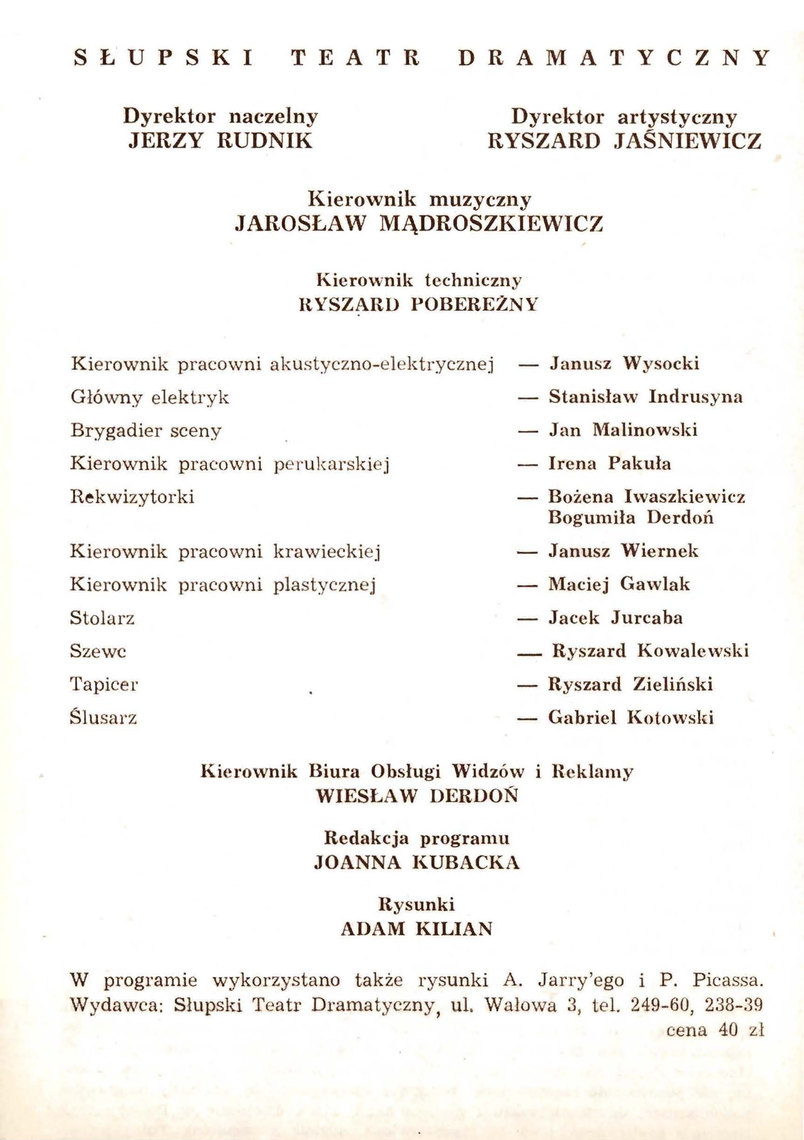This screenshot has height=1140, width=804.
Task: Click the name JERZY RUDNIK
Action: point(220,141)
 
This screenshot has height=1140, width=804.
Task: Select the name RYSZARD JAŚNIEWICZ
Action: point(624,142)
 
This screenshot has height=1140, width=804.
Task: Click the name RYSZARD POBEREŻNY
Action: point(419,304)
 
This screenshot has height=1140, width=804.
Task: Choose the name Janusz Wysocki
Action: point(624,364)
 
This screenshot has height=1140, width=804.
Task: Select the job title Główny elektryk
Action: point(150,397)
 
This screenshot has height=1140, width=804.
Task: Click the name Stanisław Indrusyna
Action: point(646,397)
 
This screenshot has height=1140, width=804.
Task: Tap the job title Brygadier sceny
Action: point(145,431)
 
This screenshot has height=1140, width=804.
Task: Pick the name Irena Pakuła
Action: point(609,464)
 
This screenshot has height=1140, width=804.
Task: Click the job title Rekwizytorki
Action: point(132,497)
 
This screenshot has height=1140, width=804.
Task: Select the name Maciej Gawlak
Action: point(619,584)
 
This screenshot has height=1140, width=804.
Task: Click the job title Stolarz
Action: point(102,618)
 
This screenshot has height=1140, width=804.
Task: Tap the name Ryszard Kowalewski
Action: point(650,651)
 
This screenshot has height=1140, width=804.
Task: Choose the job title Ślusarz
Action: point(103,718)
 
